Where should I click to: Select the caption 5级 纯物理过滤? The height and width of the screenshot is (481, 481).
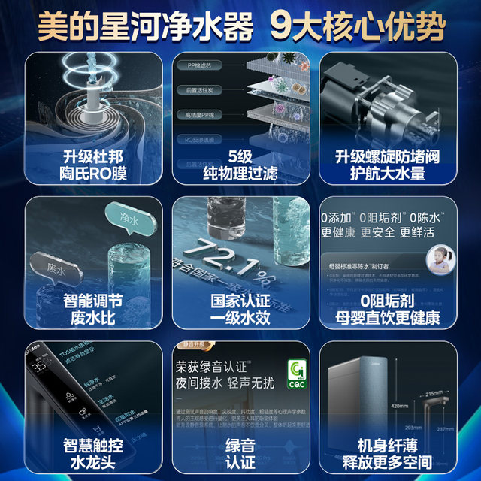[240, 165]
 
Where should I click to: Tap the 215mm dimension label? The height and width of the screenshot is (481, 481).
[432, 394]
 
